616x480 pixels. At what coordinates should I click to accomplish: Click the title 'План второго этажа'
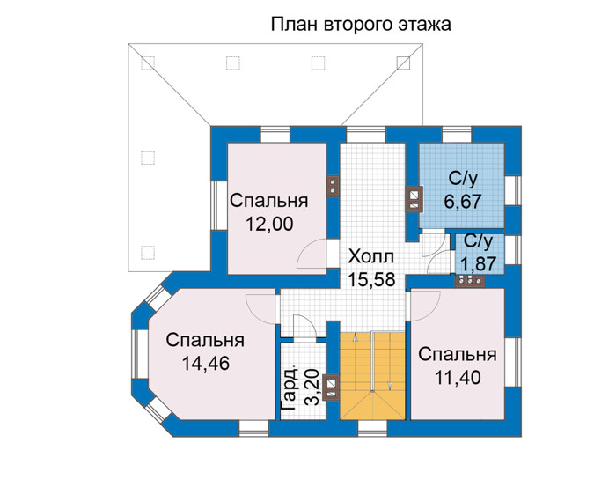361,25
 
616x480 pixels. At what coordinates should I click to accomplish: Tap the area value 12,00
269,224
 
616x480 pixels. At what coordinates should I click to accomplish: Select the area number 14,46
205,363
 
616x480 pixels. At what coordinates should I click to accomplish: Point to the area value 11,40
458,378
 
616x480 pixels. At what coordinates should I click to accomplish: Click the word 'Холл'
370,256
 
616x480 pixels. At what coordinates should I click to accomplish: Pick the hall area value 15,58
371,279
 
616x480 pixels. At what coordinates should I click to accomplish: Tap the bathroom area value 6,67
463,202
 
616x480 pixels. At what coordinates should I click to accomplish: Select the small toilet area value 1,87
478,264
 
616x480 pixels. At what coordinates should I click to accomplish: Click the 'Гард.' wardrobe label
290,389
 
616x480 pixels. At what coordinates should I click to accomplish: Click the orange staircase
372,376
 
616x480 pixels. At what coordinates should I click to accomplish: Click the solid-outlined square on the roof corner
403,63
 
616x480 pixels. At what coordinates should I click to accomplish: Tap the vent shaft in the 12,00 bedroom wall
333,187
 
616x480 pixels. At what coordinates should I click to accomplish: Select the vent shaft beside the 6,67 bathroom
414,199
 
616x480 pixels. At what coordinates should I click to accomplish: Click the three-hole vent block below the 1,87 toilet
470,281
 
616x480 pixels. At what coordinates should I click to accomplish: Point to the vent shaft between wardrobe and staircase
331,387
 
